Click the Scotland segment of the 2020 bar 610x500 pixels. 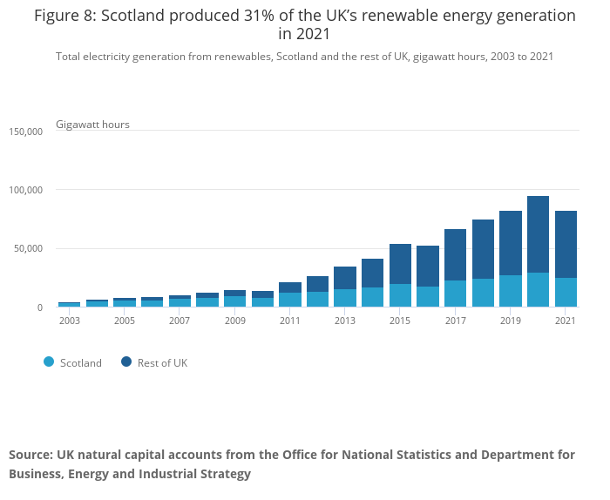pos(539,290)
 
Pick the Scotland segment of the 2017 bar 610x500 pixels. pos(456,294)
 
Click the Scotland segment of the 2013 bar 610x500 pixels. pos(345,298)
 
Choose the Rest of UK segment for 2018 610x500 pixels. pos(483,249)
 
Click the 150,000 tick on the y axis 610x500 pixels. pos(25,132)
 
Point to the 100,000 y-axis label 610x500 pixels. pos(25,190)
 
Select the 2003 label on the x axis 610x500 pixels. pos(69,321)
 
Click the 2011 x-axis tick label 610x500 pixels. pos(289,321)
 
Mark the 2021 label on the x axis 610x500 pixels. pos(566,321)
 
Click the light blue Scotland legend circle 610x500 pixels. pos(49,362)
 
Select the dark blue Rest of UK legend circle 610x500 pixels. pos(127,362)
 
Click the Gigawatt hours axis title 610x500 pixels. pos(92,125)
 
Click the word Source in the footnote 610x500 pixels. pos(30,455)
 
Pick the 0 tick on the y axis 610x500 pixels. pos(38,307)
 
